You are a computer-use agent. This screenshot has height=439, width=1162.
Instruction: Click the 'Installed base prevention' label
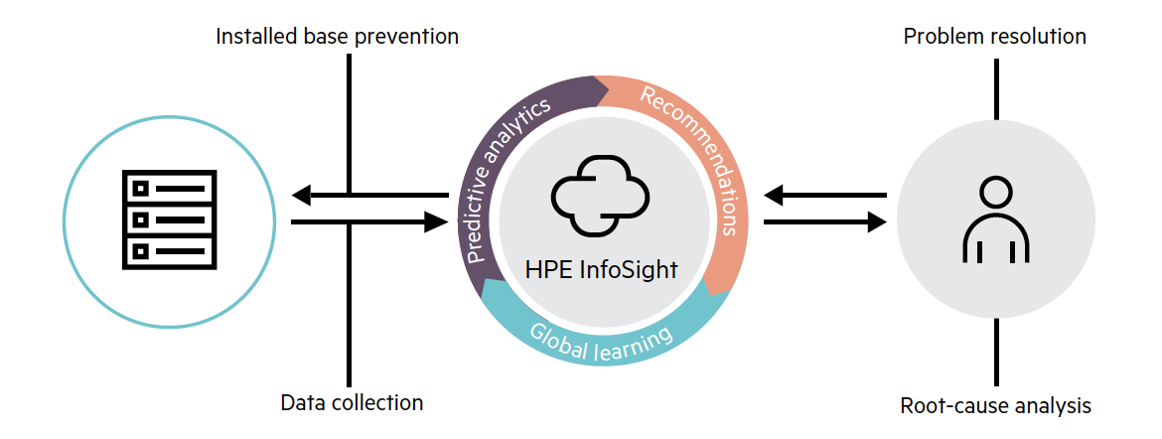(x=338, y=37)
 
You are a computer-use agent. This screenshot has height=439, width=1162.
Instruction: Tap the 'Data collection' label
(x=352, y=402)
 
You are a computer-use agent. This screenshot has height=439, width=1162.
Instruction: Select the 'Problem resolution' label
(x=994, y=37)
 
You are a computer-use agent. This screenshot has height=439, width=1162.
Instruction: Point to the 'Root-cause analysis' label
(x=995, y=405)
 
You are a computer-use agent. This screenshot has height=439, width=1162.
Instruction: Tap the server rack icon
(x=169, y=219)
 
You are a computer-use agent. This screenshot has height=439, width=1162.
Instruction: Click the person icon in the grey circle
(x=995, y=220)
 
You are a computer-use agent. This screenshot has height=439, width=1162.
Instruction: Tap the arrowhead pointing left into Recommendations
(x=777, y=195)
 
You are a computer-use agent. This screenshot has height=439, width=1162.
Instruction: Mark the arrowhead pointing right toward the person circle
(x=875, y=222)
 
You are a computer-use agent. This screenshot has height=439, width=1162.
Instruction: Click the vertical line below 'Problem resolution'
(x=995, y=88)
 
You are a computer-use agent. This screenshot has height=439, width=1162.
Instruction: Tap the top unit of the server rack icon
(x=169, y=187)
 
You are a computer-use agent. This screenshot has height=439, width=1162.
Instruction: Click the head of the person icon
(x=995, y=191)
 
